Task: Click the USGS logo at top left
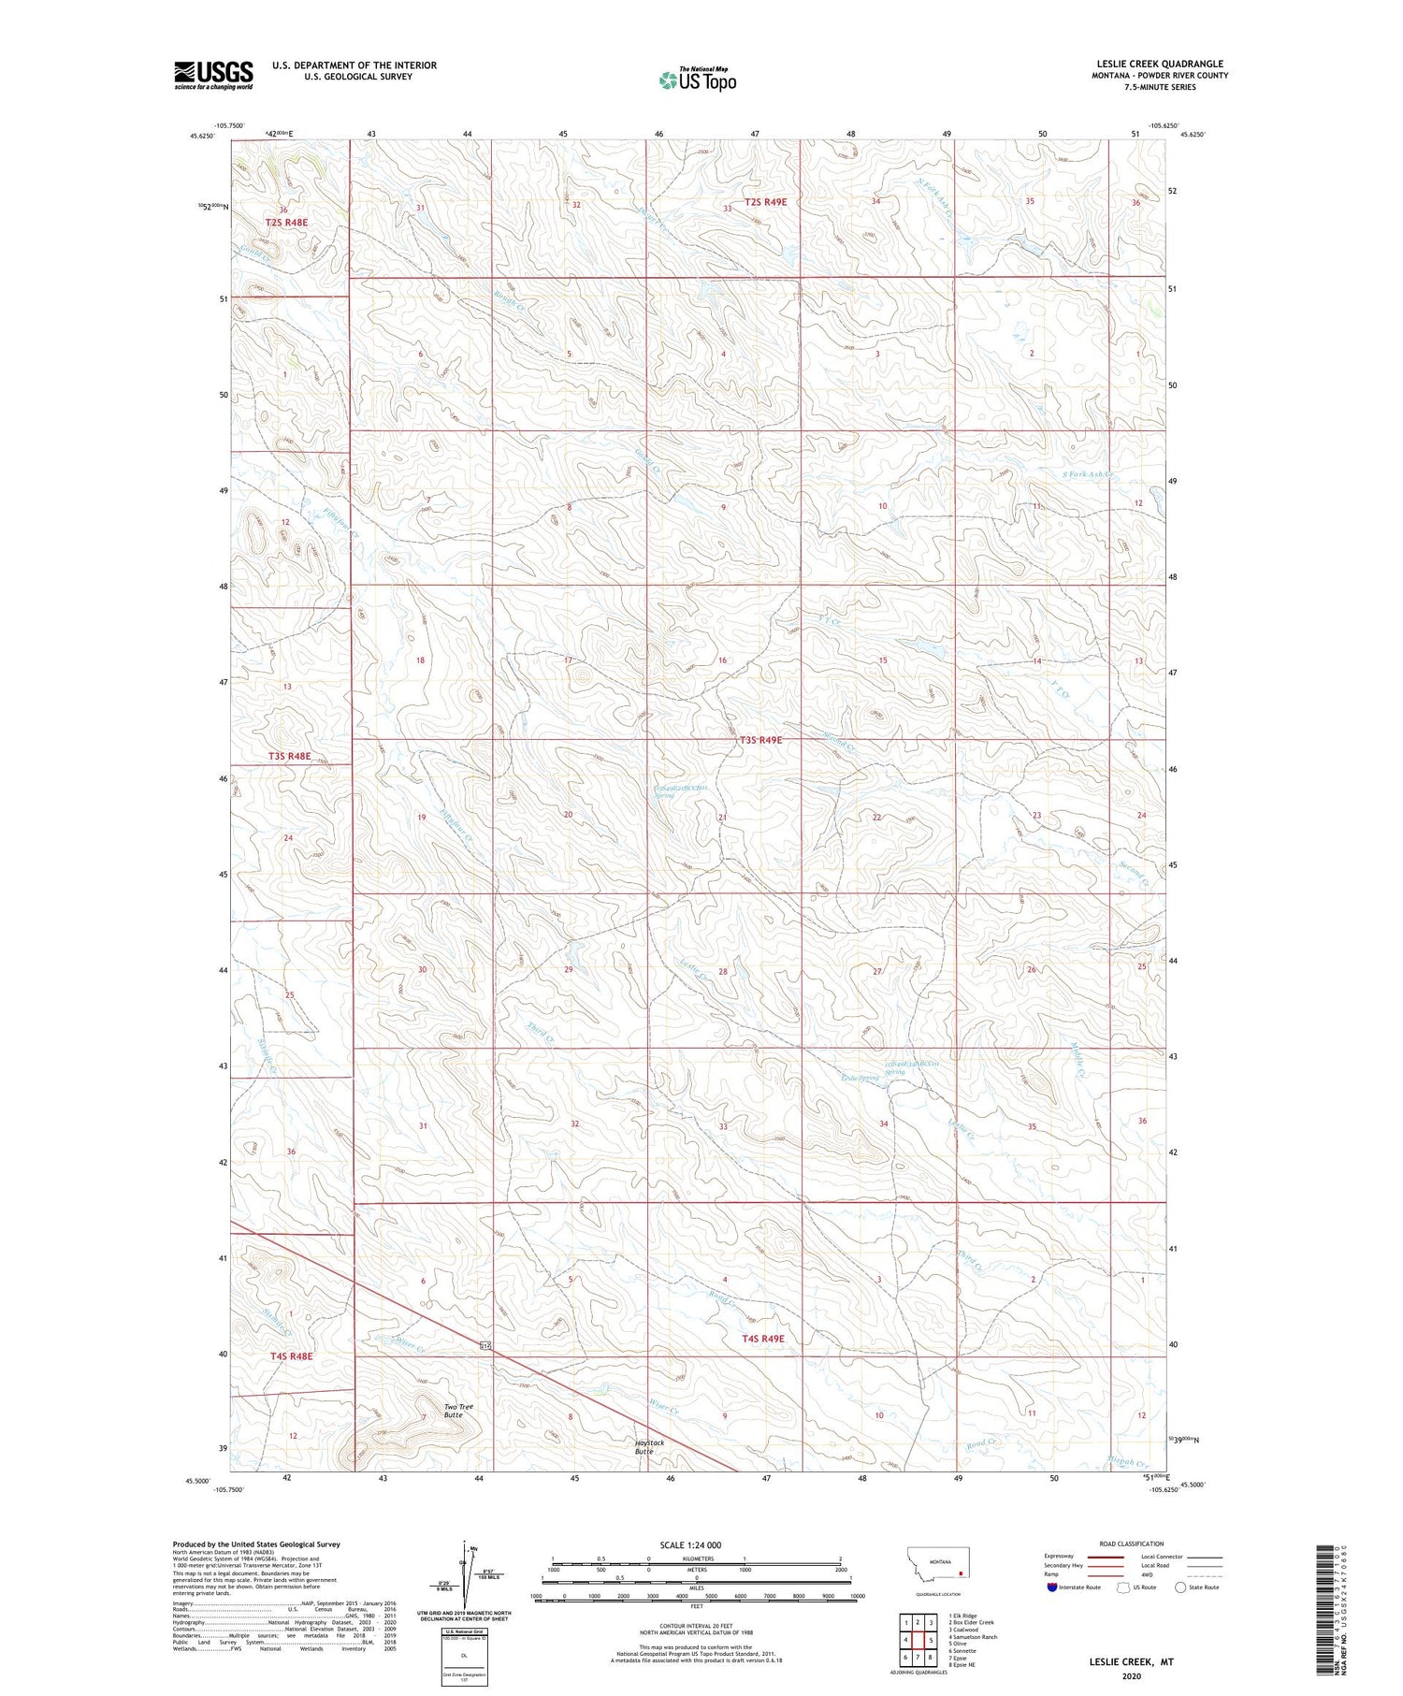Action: (x=213, y=75)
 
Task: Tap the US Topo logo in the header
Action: (x=698, y=80)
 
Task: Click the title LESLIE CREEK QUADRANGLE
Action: (x=1160, y=64)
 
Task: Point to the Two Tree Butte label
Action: (x=454, y=1411)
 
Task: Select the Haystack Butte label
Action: (x=649, y=1446)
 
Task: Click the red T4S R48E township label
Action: (x=291, y=1355)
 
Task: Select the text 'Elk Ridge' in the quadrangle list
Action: (x=964, y=1616)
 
